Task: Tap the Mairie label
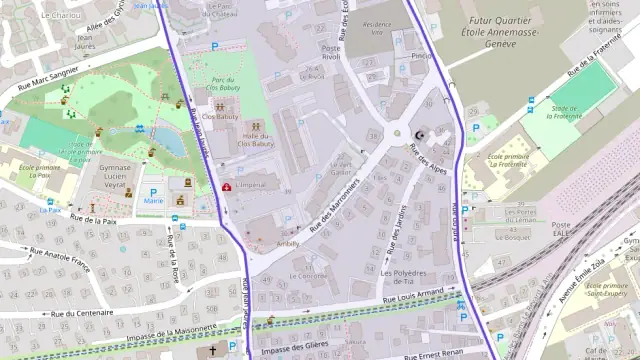pos(153,201)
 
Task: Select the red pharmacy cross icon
pos(227,187)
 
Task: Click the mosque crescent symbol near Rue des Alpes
pos(418,134)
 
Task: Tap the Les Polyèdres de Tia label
pos(404,277)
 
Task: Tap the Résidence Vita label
pos(376,27)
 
